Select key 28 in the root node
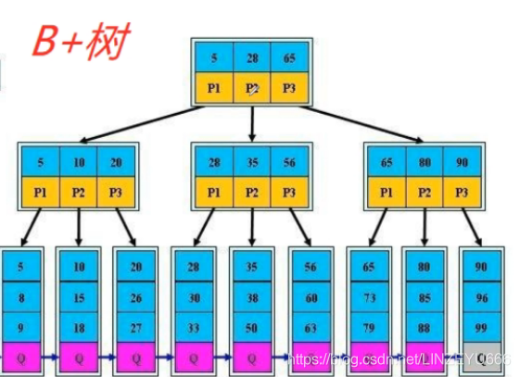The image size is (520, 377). (x=252, y=57)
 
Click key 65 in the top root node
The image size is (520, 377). (x=288, y=57)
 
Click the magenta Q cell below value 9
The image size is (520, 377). (x=20, y=356)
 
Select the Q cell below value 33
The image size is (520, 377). (x=194, y=356)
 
